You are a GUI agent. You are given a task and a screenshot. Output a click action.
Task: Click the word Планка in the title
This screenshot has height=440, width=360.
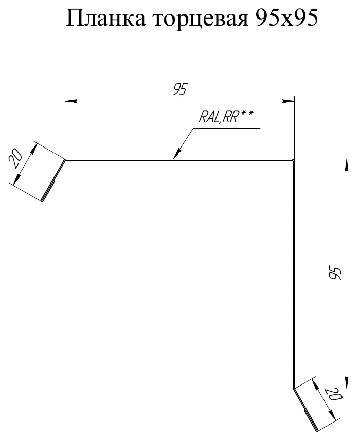[106, 19]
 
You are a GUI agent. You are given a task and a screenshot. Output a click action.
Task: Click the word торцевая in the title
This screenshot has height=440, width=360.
[201, 20]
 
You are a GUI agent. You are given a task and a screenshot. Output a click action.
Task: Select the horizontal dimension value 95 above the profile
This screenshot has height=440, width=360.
[179, 89]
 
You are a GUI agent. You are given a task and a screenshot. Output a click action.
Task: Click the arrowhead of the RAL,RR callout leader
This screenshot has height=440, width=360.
[177, 154]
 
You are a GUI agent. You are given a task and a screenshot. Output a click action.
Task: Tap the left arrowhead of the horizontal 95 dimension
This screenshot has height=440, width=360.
[70, 100]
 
